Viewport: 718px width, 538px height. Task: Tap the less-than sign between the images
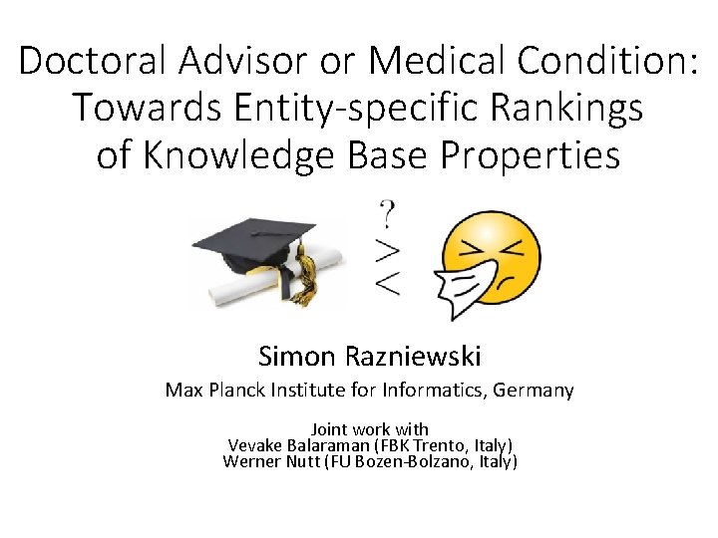[x=388, y=282]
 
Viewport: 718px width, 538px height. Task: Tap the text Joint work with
[x=370, y=429]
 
